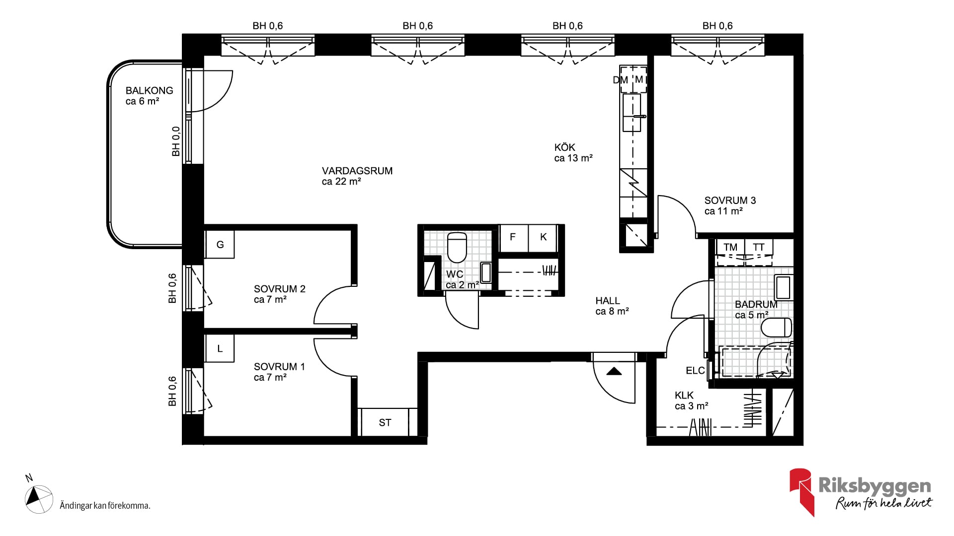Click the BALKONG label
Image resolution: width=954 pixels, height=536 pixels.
click(x=149, y=90)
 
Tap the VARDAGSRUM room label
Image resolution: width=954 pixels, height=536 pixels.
click(x=357, y=171)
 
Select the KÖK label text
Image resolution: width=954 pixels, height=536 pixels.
click(x=564, y=147)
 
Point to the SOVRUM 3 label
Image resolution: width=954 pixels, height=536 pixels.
click(x=730, y=201)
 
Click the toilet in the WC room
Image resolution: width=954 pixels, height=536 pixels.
click(x=457, y=247)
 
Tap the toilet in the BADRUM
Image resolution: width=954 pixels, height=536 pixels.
click(x=776, y=328)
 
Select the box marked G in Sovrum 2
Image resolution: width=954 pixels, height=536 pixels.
click(x=220, y=244)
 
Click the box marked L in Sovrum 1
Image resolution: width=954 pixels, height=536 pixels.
click(x=220, y=348)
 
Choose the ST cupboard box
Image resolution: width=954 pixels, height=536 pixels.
click(x=385, y=422)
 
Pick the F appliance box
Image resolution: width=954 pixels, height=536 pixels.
click(x=513, y=237)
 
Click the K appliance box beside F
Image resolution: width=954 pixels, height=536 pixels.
click(x=543, y=237)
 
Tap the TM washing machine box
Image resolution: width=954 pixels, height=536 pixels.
click(x=730, y=247)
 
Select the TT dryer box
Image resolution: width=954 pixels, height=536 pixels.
click(x=759, y=247)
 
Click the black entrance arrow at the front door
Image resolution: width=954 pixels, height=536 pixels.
click(x=614, y=371)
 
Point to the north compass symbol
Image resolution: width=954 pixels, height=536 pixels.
click(x=39, y=499)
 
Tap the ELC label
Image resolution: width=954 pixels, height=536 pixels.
click(x=695, y=371)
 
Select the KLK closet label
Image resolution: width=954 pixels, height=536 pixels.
click(x=684, y=396)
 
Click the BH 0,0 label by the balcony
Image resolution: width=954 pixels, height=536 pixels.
click(x=176, y=141)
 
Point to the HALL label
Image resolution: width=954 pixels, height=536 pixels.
click(x=608, y=301)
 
